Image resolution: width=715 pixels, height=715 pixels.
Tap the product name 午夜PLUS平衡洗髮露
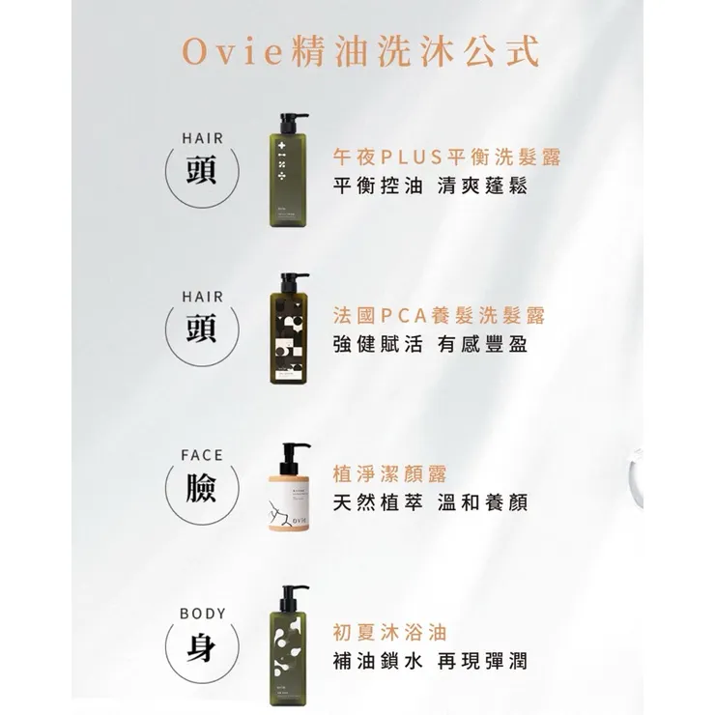tap(445, 157)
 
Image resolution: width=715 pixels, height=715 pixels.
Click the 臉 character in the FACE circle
tap(201, 490)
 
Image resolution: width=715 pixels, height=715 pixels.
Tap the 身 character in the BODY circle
tap(201, 648)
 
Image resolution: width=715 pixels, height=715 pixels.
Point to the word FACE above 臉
tap(201, 455)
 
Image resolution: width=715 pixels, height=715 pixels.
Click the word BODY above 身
tap(201, 614)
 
